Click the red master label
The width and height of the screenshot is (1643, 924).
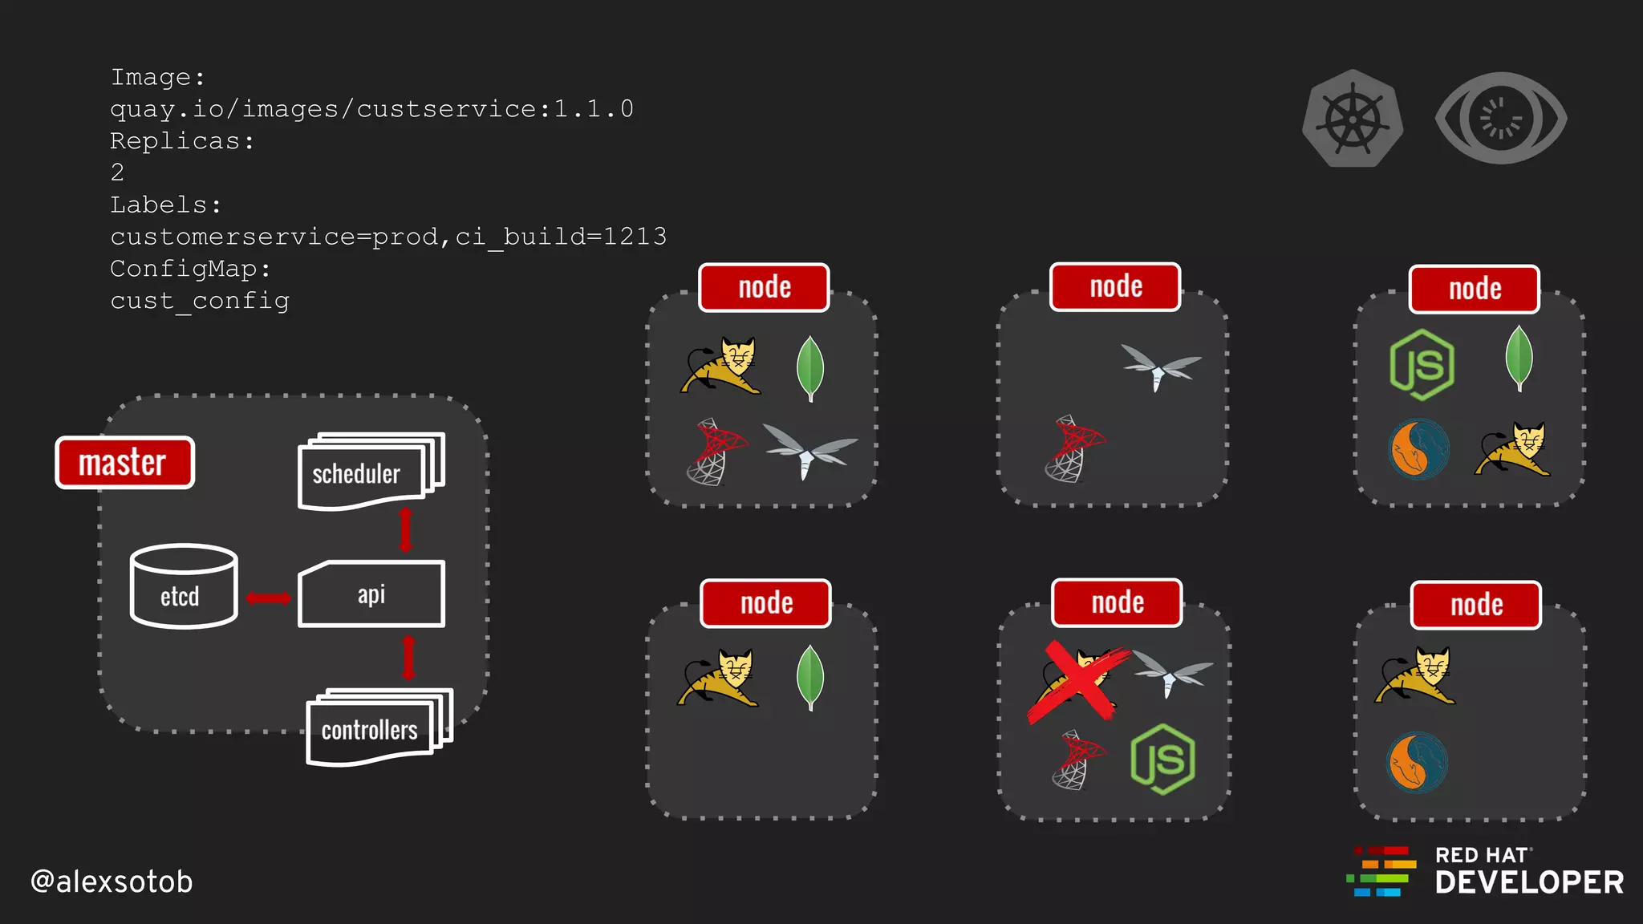[124, 463]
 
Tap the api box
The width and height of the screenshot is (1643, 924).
[371, 594]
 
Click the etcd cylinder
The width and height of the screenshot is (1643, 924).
[184, 586]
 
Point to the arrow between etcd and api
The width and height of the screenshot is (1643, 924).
[268, 598]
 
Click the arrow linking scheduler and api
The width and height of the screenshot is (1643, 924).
[406, 529]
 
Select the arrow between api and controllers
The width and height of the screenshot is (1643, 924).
[408, 658]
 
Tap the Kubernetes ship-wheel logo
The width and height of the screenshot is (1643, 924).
[1353, 119]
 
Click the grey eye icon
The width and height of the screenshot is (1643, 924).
[1500, 119]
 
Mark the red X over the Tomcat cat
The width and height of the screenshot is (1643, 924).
[1077, 682]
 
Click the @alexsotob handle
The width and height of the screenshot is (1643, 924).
[112, 881]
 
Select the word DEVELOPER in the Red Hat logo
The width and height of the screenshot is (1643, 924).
[1529, 883]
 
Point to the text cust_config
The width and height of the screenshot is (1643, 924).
[200, 301]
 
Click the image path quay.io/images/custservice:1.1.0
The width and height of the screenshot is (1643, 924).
[371, 109]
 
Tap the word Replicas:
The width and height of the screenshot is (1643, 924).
[182, 141]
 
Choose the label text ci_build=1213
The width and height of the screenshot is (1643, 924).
[561, 237]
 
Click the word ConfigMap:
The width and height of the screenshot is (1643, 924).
[190, 269]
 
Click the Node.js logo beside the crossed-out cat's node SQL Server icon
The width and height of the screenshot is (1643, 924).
[1162, 759]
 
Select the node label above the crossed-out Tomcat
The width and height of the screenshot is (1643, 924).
[1117, 602]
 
